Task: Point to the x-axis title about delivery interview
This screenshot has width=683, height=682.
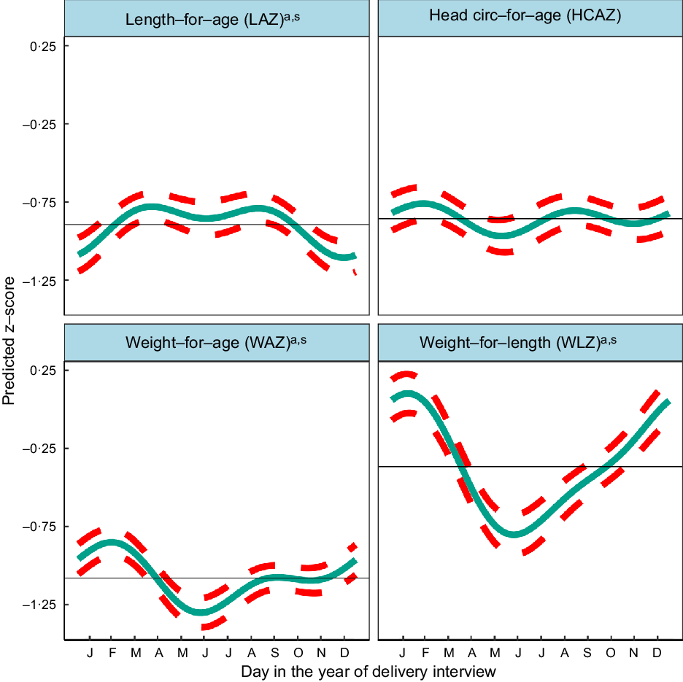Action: tap(368, 670)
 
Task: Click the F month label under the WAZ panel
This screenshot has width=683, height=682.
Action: tap(112, 651)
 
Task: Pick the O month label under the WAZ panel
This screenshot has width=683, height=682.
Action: tap(298, 651)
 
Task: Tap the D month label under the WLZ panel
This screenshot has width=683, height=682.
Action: tap(657, 651)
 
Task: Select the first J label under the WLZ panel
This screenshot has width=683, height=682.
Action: tap(402, 651)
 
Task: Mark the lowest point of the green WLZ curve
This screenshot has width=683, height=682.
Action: tap(514, 535)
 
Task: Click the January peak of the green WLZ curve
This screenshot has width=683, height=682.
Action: tap(406, 394)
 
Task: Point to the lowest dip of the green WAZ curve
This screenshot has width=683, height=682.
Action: tap(201, 612)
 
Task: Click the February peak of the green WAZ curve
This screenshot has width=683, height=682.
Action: tap(112, 542)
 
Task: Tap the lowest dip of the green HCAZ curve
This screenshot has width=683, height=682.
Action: tap(502, 235)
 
